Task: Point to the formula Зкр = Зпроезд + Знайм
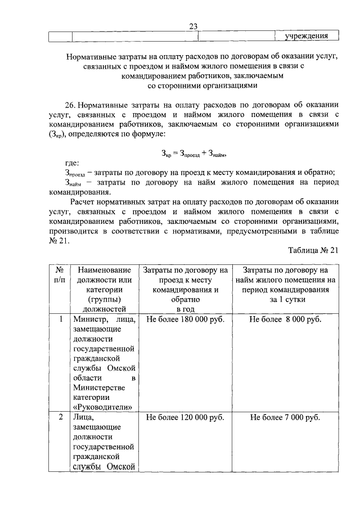click(193, 153)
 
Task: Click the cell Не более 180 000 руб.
click(185, 319)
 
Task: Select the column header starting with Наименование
click(105, 271)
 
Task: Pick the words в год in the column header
click(185, 309)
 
